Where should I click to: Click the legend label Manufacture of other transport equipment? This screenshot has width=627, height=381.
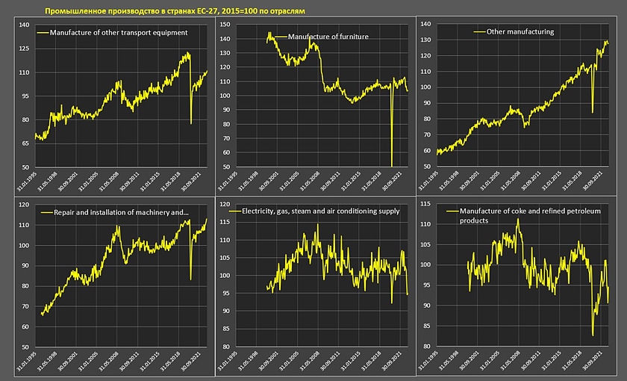tap(118, 33)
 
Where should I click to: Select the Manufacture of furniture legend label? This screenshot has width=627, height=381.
tap(327, 37)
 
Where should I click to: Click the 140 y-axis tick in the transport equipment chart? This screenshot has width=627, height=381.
tap(23, 25)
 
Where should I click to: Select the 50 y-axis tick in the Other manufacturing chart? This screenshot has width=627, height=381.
tap(426, 167)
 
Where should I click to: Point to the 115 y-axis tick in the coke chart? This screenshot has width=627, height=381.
tap(426, 205)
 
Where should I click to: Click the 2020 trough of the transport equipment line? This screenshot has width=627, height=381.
tap(191, 123)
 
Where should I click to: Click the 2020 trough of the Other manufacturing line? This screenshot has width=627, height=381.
tap(593, 113)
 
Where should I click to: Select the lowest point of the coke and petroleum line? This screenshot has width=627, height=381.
tap(593, 335)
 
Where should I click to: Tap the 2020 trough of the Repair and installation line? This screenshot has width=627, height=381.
tap(190, 279)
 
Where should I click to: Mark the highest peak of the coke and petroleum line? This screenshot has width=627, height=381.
tap(517, 219)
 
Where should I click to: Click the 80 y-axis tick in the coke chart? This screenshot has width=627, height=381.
tap(426, 347)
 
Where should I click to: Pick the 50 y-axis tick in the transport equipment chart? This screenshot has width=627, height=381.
tap(23, 167)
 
